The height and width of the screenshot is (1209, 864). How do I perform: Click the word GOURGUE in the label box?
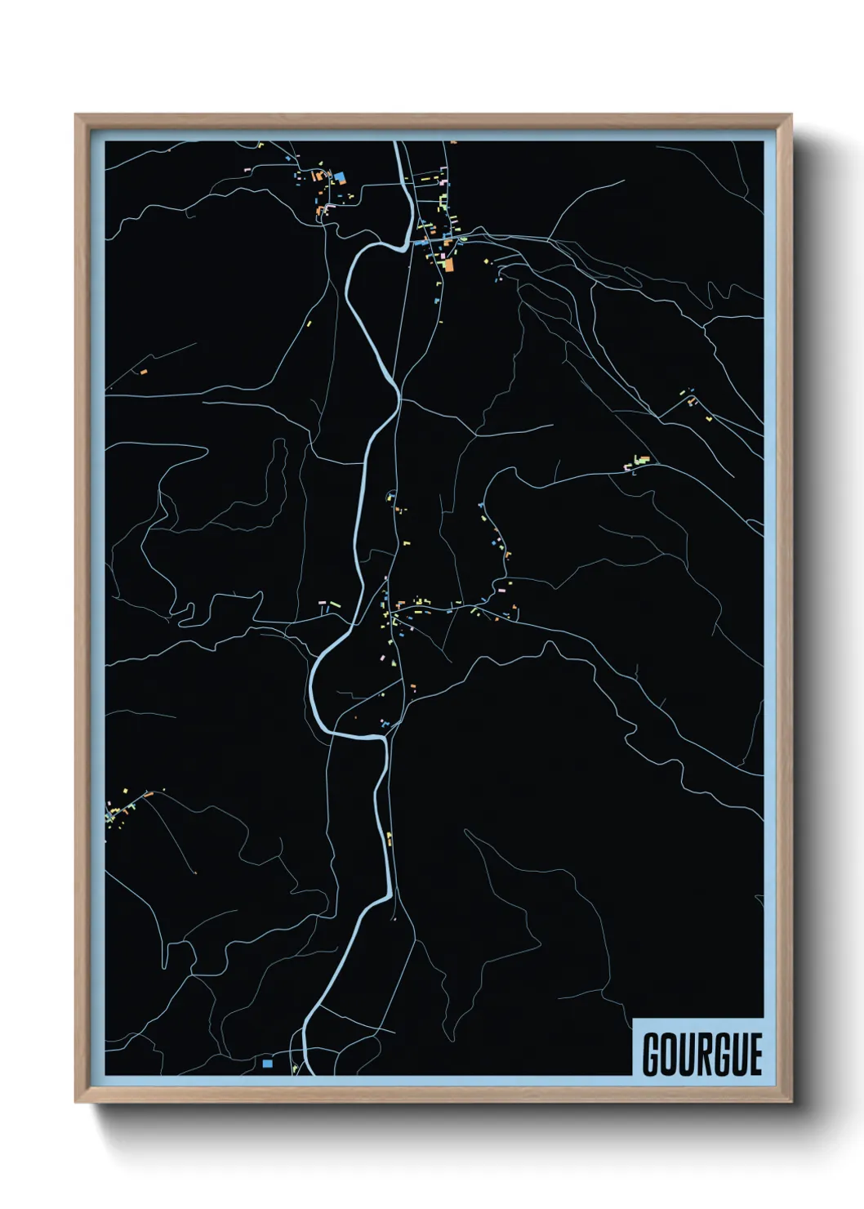tap(701, 1055)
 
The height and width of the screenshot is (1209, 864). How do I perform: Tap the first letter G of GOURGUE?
tap(652, 1055)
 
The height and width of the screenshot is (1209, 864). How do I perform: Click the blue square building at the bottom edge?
tap(267, 1063)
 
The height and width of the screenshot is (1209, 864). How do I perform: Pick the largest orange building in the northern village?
tap(448, 265)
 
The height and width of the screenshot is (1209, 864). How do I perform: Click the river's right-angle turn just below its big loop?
tap(383, 738)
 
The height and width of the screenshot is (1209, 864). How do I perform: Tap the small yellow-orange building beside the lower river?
tap(390, 838)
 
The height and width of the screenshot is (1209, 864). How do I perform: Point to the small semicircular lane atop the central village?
tap(390, 496)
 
